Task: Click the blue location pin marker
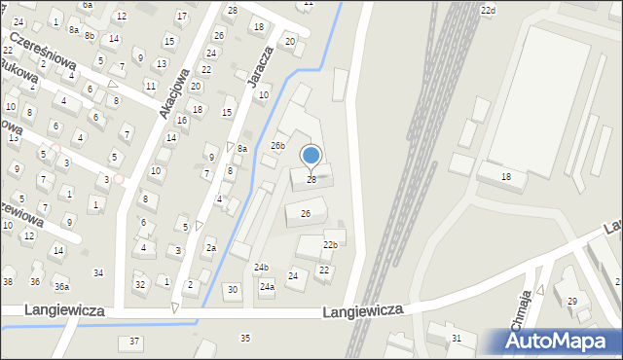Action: (x=311, y=156)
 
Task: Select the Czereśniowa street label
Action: (x=42, y=51)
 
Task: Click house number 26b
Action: (x=278, y=146)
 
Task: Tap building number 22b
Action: (x=331, y=244)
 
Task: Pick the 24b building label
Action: (x=261, y=267)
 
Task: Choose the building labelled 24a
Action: (x=266, y=287)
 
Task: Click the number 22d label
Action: (x=488, y=10)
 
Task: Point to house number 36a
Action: (x=61, y=286)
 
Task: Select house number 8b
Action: (x=89, y=35)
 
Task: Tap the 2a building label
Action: (x=210, y=247)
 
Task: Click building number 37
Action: (x=134, y=342)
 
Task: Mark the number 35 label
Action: (x=245, y=338)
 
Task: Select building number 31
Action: (x=456, y=338)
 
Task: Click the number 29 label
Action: (x=572, y=302)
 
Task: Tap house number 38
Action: (x=8, y=281)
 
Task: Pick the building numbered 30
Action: (x=232, y=289)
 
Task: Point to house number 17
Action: (x=182, y=17)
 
